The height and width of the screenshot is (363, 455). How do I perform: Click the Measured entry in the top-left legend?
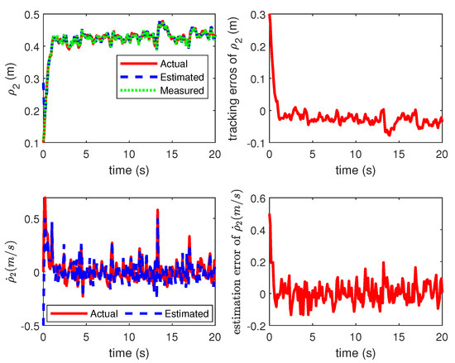[x=184, y=90]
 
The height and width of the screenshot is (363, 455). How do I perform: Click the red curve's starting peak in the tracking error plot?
[x=270, y=15]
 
